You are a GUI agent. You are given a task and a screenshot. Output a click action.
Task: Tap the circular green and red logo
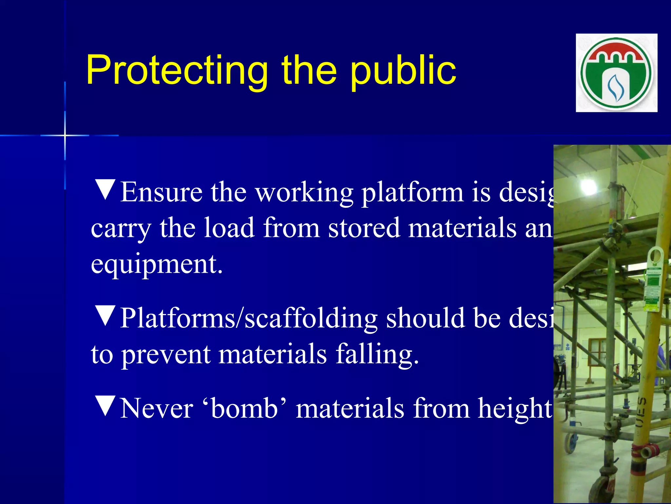tap(617, 73)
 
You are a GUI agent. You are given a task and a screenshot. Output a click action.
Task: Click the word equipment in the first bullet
tap(156, 264)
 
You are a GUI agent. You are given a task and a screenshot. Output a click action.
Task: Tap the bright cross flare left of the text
tap(65, 135)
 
